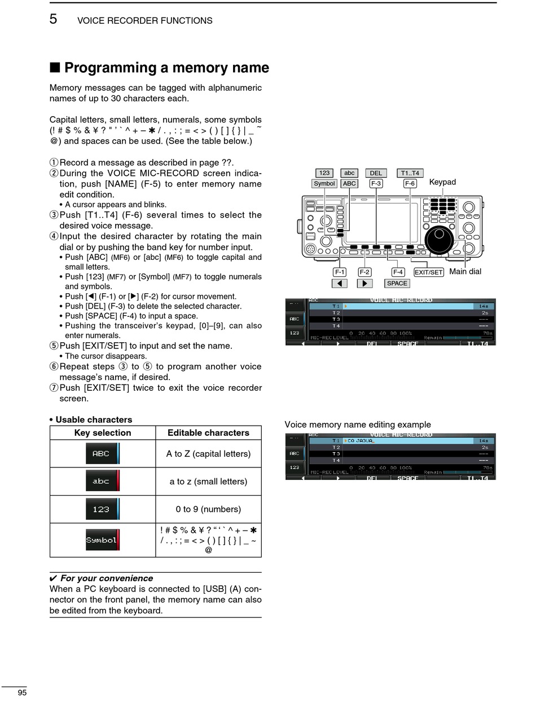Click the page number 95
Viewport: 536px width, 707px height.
point(22,693)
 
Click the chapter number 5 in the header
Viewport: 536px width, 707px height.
point(53,19)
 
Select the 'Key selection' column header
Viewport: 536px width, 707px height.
point(103,432)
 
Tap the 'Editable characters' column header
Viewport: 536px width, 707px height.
point(208,432)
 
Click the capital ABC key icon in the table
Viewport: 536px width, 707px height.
point(102,453)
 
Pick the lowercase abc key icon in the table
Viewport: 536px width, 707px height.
point(102,481)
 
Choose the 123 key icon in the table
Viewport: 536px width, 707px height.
point(102,509)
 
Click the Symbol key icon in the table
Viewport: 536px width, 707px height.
point(102,540)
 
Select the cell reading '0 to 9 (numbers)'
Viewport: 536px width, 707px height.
point(208,509)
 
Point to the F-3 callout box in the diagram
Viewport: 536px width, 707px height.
point(376,183)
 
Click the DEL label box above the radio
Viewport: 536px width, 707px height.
point(376,173)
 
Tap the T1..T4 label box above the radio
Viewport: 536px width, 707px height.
point(410,173)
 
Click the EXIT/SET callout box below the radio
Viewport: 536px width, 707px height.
point(429,272)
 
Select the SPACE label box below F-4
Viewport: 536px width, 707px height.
point(397,284)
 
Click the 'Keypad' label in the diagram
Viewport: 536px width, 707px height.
point(442,182)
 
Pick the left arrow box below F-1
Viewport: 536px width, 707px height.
point(339,284)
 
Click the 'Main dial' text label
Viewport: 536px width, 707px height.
point(465,272)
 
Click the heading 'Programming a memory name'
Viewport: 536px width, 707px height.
point(166,68)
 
